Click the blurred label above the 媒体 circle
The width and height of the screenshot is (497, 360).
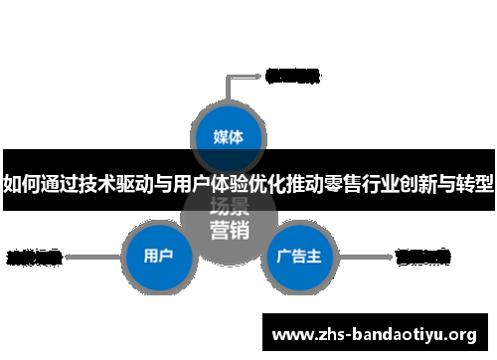[292, 75]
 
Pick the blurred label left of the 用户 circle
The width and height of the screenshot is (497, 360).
[35, 257]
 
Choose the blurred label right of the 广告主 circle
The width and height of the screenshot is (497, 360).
[422, 257]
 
